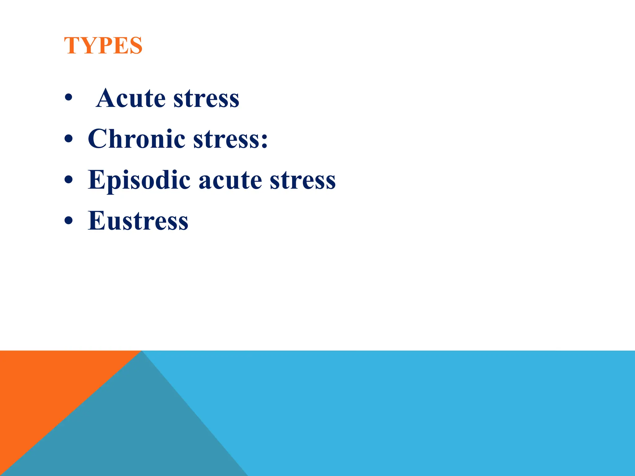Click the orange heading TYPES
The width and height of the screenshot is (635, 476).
103,46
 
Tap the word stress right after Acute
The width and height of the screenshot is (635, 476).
206,99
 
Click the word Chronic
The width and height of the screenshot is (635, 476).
137,139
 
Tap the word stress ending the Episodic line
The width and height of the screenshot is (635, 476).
303,181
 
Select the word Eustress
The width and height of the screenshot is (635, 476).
138,221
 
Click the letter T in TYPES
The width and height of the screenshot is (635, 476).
72,46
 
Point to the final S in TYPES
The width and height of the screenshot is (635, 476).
136,46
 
